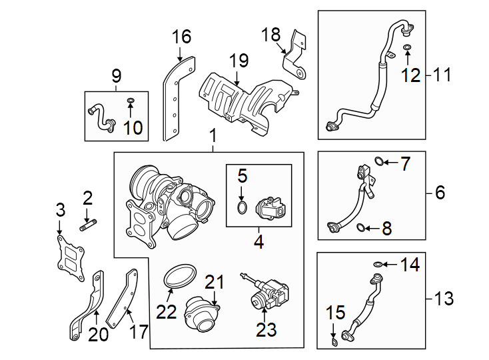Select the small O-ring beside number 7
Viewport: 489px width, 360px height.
tap(379, 161)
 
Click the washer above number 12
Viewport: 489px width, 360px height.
tap(407, 47)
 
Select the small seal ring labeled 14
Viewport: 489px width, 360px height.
tap(377, 265)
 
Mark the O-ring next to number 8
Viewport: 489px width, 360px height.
tap(360, 229)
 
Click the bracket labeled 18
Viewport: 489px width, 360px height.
tap(294, 57)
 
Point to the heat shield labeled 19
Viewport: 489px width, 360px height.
tap(246, 100)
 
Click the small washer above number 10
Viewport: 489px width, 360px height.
tap(131, 101)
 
